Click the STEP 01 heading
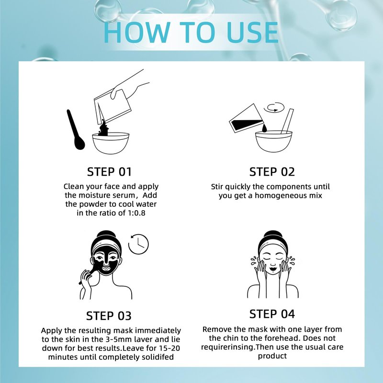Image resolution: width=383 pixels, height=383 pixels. coord(109,172)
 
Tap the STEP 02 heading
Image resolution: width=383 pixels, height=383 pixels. coord(272,172)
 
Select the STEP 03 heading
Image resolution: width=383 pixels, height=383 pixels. coord(109,316)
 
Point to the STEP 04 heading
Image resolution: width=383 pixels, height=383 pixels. coord(272,314)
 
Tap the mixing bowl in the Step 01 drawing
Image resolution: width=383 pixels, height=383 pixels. coord(111,143)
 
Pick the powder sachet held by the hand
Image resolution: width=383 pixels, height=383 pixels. coord(113,106)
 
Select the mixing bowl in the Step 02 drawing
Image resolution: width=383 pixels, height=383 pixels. coord(273,141)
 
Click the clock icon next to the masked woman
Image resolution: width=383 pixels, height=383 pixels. coord(138,244)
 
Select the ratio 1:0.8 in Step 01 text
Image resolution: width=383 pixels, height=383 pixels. coord(136,213)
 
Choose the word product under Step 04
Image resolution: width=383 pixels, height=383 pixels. coord(272,356)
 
